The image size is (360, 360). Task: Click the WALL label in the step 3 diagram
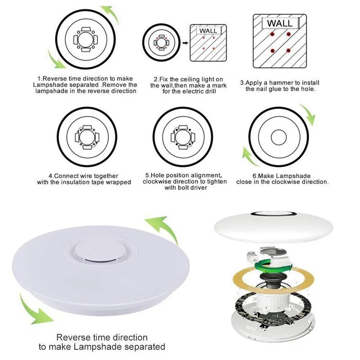279,22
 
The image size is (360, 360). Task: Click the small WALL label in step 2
208,31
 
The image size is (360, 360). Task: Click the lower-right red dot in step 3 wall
288,50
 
